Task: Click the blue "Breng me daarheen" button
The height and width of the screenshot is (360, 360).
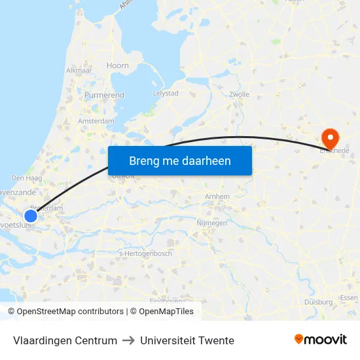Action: click(x=179, y=160)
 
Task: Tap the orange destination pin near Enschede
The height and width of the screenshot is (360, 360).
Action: click(x=329, y=138)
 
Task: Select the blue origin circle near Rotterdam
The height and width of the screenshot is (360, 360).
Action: click(x=31, y=215)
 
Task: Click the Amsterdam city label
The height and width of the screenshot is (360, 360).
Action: click(x=96, y=121)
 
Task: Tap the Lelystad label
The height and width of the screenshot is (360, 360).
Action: click(x=165, y=93)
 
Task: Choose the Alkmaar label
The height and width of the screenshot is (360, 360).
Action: click(x=79, y=69)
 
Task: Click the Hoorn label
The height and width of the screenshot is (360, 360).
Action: click(x=118, y=65)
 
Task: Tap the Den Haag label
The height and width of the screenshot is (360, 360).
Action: click(x=27, y=177)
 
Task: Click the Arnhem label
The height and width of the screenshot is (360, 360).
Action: click(x=217, y=196)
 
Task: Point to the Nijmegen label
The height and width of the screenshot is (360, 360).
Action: click(x=211, y=223)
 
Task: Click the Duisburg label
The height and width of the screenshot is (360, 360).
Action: click(x=319, y=302)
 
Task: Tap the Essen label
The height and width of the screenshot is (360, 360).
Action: click(x=349, y=298)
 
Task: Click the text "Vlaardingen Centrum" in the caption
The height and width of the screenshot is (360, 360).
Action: click(x=65, y=340)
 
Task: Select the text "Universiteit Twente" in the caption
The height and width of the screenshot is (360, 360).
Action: click(x=187, y=340)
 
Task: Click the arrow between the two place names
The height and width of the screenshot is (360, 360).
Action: click(x=128, y=340)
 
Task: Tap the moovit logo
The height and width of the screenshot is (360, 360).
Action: click(x=321, y=339)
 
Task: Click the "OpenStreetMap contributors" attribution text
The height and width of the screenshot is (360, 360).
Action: click(x=69, y=312)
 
